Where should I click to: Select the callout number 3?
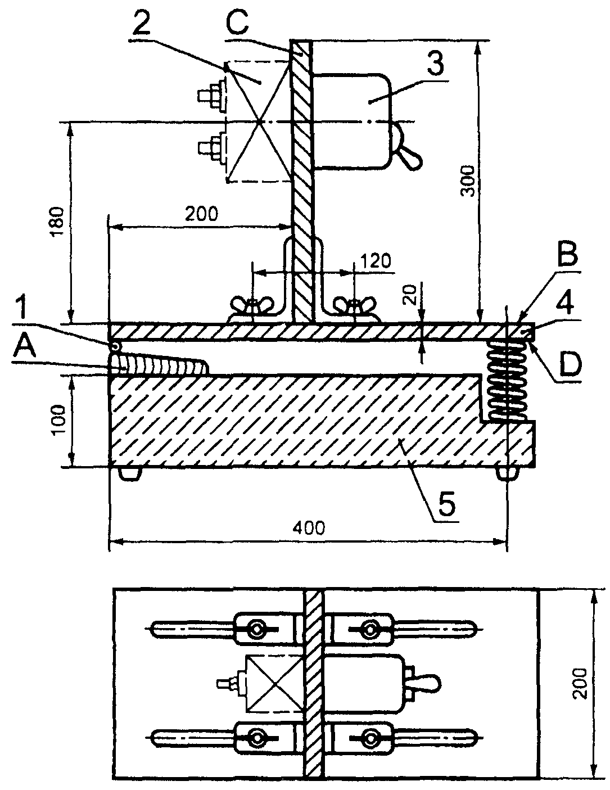pyautogui.click(x=435, y=64)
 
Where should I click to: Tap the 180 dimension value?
pyautogui.click(x=58, y=223)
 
